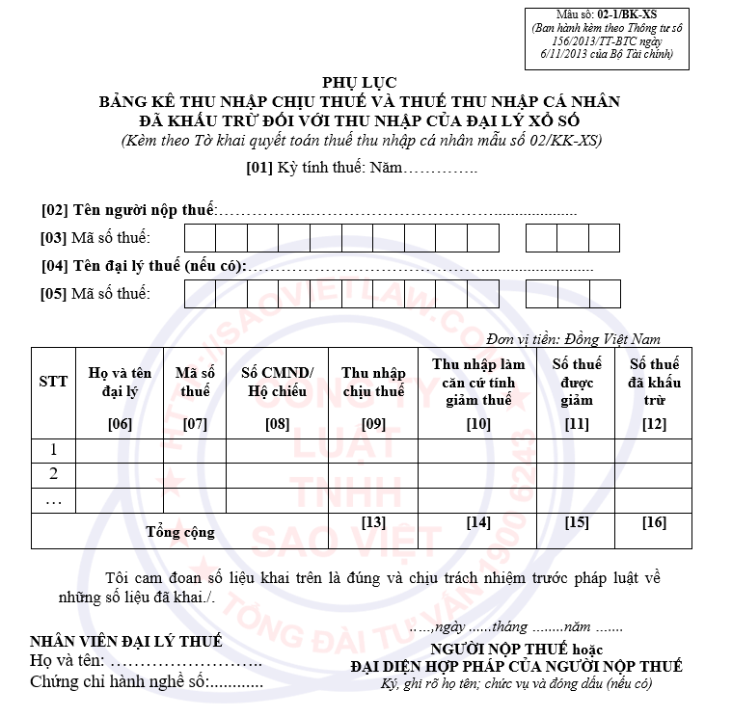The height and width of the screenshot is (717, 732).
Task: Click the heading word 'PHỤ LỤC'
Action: click(359, 84)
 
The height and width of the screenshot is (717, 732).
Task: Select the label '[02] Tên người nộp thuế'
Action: click(128, 209)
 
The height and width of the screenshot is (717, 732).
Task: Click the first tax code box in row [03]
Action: click(200, 238)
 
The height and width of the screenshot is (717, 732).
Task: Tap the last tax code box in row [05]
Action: click(604, 294)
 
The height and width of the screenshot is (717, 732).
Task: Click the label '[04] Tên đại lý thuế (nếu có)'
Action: click(144, 266)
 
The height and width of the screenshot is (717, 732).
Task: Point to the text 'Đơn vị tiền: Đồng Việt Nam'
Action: click(574, 338)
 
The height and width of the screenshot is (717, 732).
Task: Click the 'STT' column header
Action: click(53, 382)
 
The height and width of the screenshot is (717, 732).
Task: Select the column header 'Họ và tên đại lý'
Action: click(120, 382)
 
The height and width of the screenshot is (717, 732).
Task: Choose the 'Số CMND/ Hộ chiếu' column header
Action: click(277, 382)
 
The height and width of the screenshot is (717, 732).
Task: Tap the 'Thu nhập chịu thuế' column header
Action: click(372, 382)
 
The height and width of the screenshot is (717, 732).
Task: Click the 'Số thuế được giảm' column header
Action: click(576, 382)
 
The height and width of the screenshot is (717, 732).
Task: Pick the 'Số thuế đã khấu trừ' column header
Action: click(654, 382)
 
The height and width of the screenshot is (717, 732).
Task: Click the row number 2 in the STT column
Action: click(53, 474)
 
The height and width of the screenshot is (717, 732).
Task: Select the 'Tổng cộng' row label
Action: click(180, 531)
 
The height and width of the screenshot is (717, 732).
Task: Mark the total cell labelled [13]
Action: click(372, 523)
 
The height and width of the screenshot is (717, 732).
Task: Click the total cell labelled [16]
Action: click(654, 523)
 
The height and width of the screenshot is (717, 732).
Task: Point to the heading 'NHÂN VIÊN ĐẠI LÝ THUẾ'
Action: click(126, 641)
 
